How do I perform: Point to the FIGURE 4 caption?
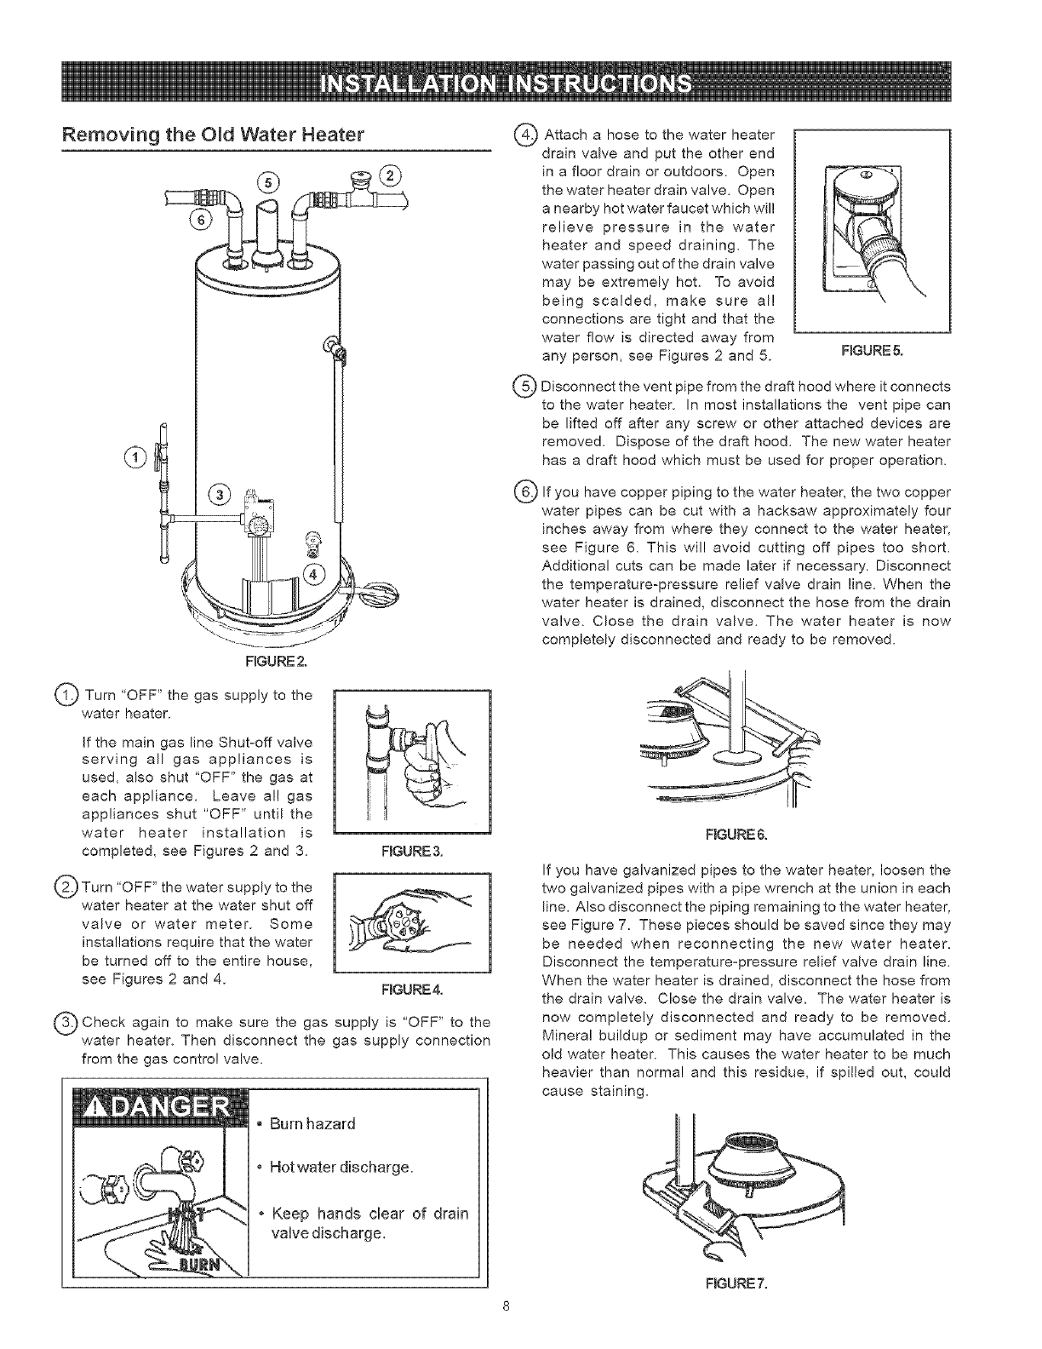pyautogui.click(x=412, y=990)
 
